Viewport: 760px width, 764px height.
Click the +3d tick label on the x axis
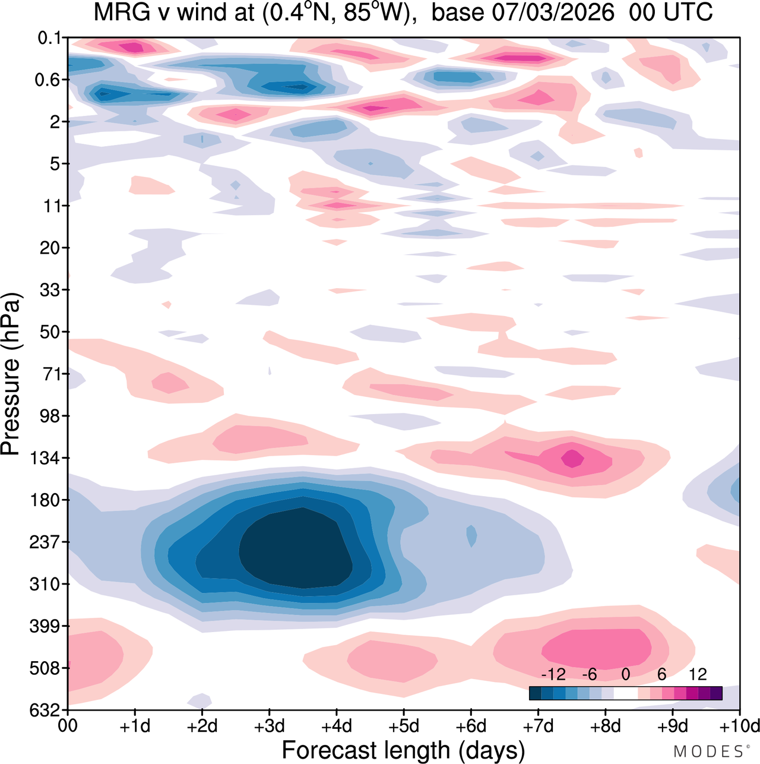point(269,726)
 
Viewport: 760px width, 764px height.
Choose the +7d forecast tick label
point(538,726)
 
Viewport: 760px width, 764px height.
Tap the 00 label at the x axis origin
point(68,726)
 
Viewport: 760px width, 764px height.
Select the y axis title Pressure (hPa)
point(11,374)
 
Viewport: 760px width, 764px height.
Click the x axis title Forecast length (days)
point(403,750)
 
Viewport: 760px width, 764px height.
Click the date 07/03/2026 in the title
point(553,12)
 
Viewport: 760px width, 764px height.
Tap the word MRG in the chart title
point(120,12)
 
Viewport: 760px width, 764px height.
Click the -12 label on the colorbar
point(553,674)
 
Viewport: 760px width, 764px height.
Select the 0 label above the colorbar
point(625,674)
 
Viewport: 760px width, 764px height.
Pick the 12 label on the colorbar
point(698,674)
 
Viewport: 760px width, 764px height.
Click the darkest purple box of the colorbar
point(716,693)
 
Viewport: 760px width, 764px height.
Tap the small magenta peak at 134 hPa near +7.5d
point(572,458)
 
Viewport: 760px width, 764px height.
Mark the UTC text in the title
point(688,12)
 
